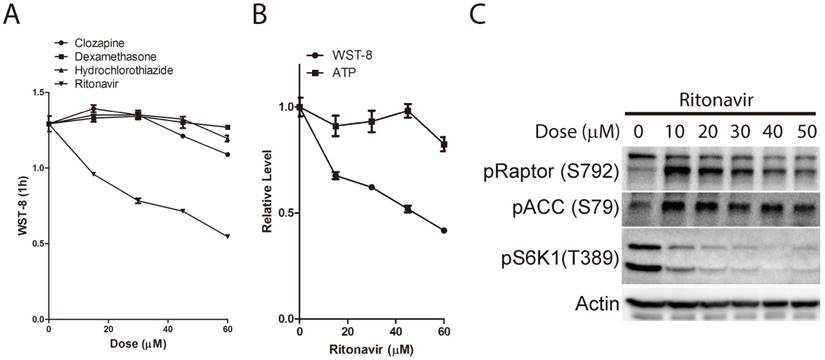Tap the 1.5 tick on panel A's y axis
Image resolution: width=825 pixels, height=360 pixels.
point(35,93)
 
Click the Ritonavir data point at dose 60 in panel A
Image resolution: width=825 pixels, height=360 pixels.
point(228,236)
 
